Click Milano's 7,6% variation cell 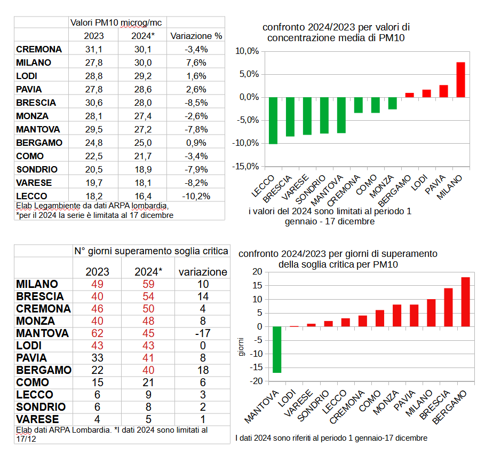tap(195, 62)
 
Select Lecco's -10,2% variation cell tap(195, 196)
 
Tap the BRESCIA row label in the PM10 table tap(36, 103)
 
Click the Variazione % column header tap(196, 36)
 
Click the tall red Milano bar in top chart tap(460, 80)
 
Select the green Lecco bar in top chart tap(273, 120)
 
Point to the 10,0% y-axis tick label tap(247, 52)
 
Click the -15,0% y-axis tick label tap(246, 166)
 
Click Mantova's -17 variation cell tap(203, 333)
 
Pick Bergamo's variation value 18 tap(203, 370)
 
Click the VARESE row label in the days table tap(37, 419)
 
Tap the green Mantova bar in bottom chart tap(276, 349)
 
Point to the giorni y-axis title tap(241, 347)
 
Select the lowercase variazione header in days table tap(203, 271)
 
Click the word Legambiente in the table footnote tap(57, 206)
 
